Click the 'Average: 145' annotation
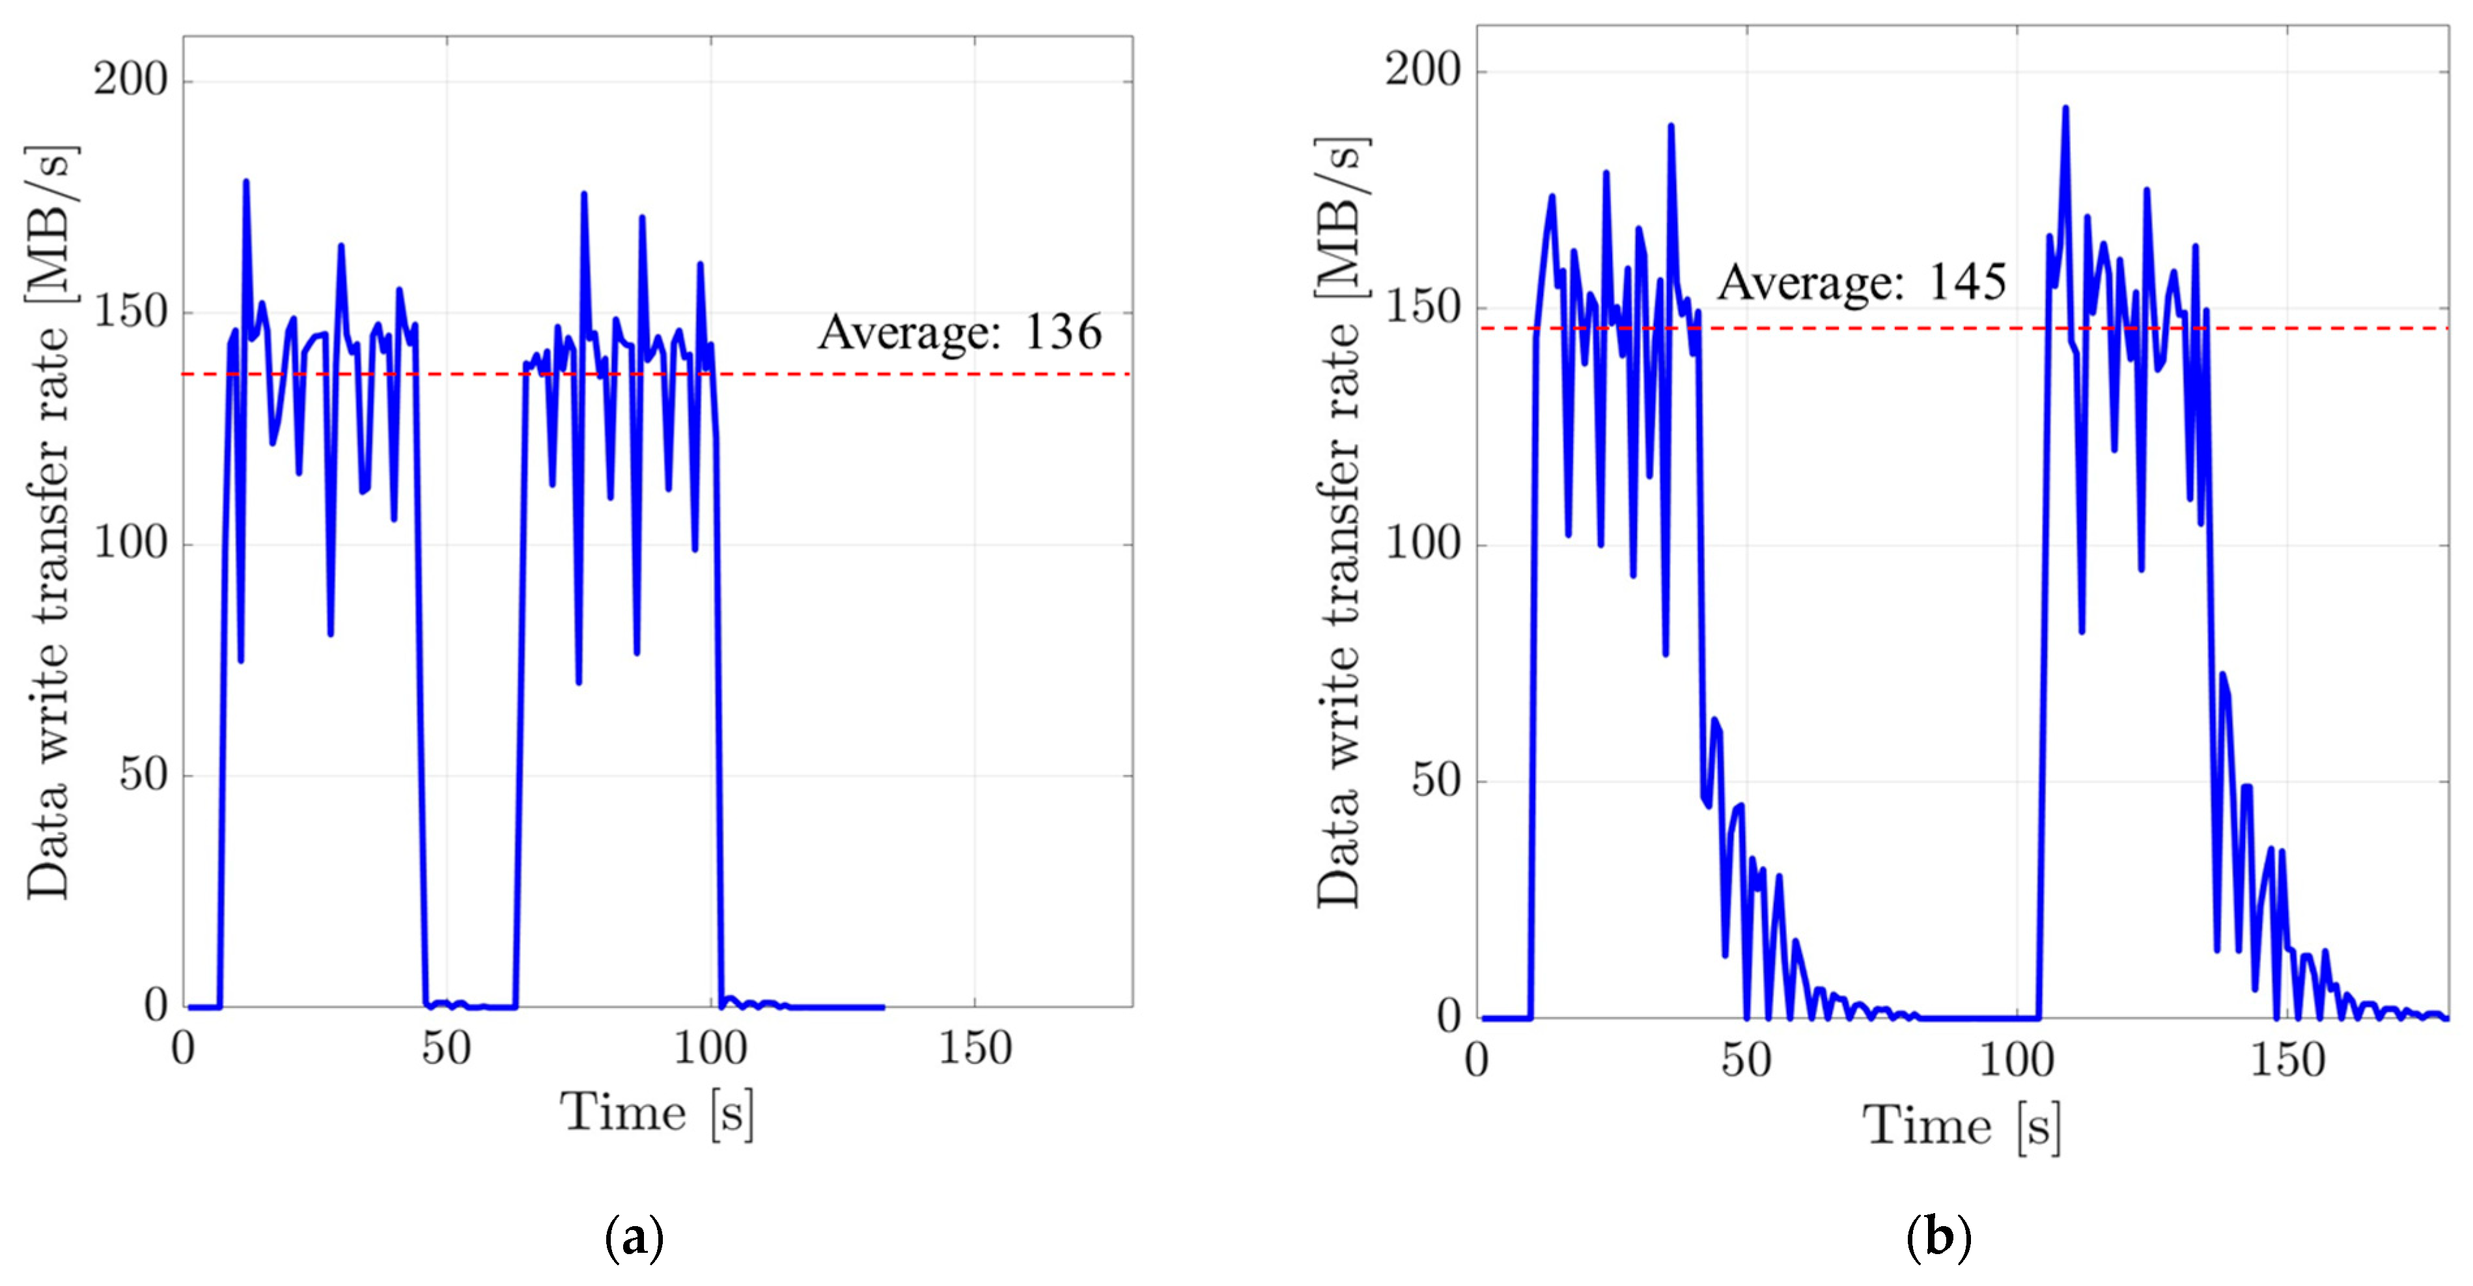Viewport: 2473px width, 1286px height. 1862,282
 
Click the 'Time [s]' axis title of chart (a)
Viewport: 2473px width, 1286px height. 658,1114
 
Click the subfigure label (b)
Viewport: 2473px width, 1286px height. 1938,1238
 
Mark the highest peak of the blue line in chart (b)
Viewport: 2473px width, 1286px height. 2065,107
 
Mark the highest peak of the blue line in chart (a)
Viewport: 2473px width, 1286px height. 245,180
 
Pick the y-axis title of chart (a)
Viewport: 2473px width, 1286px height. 48,523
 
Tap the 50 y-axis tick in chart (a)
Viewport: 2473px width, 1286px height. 143,774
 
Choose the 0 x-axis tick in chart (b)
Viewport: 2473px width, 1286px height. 1477,1060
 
